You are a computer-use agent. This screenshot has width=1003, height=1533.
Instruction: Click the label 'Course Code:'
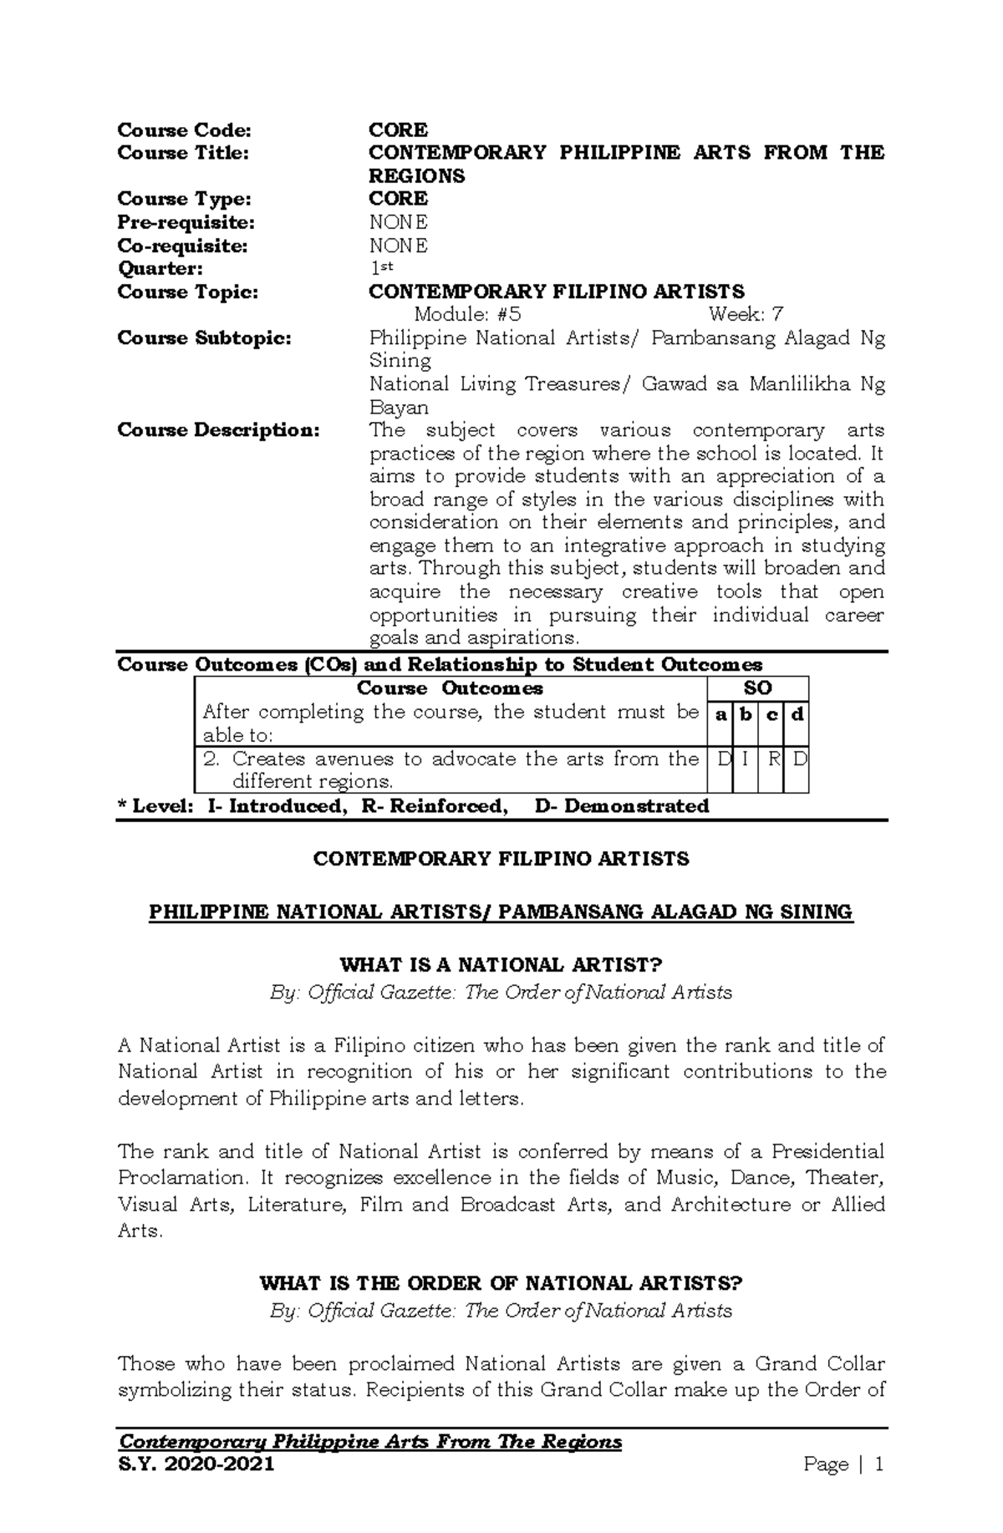[184, 130]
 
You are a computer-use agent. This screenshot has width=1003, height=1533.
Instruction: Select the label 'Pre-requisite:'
[186, 222]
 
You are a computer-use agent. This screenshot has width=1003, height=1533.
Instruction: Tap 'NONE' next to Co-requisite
[399, 246]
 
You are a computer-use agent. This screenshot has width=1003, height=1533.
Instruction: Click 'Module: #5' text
[468, 315]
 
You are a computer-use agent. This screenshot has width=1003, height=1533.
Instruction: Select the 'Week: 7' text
[746, 315]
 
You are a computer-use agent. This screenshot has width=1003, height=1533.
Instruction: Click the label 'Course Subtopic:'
[205, 338]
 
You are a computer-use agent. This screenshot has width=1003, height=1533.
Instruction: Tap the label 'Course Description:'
[218, 430]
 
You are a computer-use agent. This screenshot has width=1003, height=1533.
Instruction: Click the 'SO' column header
[757, 688]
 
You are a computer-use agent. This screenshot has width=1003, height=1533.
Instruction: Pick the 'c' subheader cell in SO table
[772, 715]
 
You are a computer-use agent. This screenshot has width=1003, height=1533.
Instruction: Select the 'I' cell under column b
[745, 759]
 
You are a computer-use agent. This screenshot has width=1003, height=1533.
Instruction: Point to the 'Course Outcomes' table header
[450, 688]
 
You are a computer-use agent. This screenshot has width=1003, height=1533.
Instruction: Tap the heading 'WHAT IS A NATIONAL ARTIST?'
[501, 965]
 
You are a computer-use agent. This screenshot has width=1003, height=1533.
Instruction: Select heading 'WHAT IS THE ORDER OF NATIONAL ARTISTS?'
[501, 1283]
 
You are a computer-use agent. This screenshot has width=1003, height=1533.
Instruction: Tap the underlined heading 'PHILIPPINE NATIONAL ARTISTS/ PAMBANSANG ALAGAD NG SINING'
[501, 911]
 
